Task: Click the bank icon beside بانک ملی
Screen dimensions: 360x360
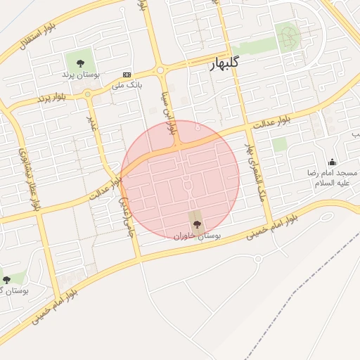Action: coord(127,74)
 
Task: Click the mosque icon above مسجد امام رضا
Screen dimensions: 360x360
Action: coord(332,162)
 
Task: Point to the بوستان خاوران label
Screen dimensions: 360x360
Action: coord(198,236)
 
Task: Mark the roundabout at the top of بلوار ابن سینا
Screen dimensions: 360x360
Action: coord(160,70)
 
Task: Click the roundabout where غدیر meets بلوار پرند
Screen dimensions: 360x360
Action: coord(87,94)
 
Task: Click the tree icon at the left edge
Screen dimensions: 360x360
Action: coord(6,280)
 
